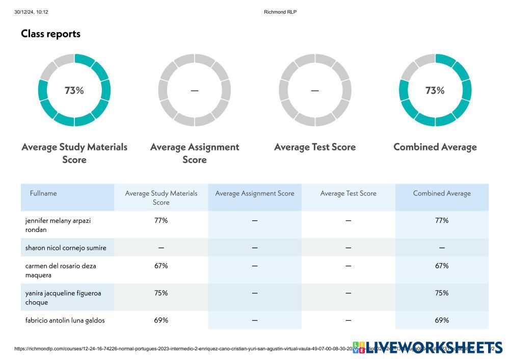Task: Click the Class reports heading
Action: (50, 34)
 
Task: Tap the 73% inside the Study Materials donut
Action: (74, 90)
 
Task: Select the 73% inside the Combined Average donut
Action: (435, 90)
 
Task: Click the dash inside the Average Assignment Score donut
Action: (195, 91)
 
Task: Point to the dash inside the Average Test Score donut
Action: (315, 91)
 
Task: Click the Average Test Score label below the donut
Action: (315, 147)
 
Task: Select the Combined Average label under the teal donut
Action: (435, 147)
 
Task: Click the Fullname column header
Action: (43, 193)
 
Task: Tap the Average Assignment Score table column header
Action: (255, 193)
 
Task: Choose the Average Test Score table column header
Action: (349, 193)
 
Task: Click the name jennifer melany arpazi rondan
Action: (58, 225)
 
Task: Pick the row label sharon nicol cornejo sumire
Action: (66, 248)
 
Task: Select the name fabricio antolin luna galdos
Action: (65, 320)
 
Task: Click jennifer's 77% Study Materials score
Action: (161, 221)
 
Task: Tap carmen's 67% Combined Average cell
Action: (442, 266)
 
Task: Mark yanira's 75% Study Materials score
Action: (161, 293)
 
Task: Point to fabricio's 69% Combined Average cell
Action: (442, 320)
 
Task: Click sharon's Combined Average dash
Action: (442, 248)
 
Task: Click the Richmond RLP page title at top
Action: (280, 12)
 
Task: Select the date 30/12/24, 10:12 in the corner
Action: (31, 12)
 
